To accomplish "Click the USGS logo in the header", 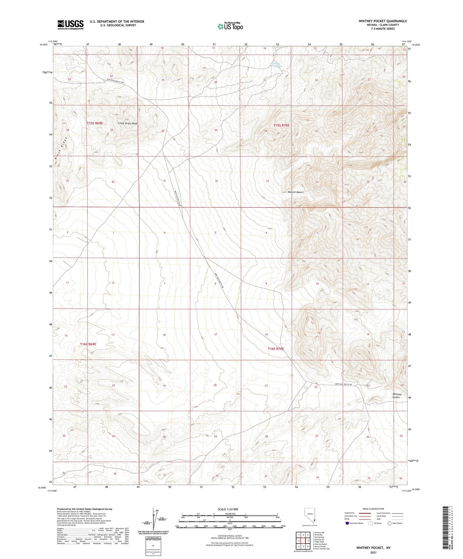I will (70, 25).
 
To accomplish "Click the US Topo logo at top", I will (230, 26).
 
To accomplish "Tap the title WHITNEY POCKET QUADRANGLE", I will (383, 21).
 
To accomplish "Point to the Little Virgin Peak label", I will (128, 123).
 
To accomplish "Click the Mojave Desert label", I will (295, 192).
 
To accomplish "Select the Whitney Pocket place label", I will (397, 396).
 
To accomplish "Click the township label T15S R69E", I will (95, 123).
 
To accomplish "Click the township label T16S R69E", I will (88, 344).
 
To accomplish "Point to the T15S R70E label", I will (281, 126).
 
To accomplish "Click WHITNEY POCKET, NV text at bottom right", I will (373, 548).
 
